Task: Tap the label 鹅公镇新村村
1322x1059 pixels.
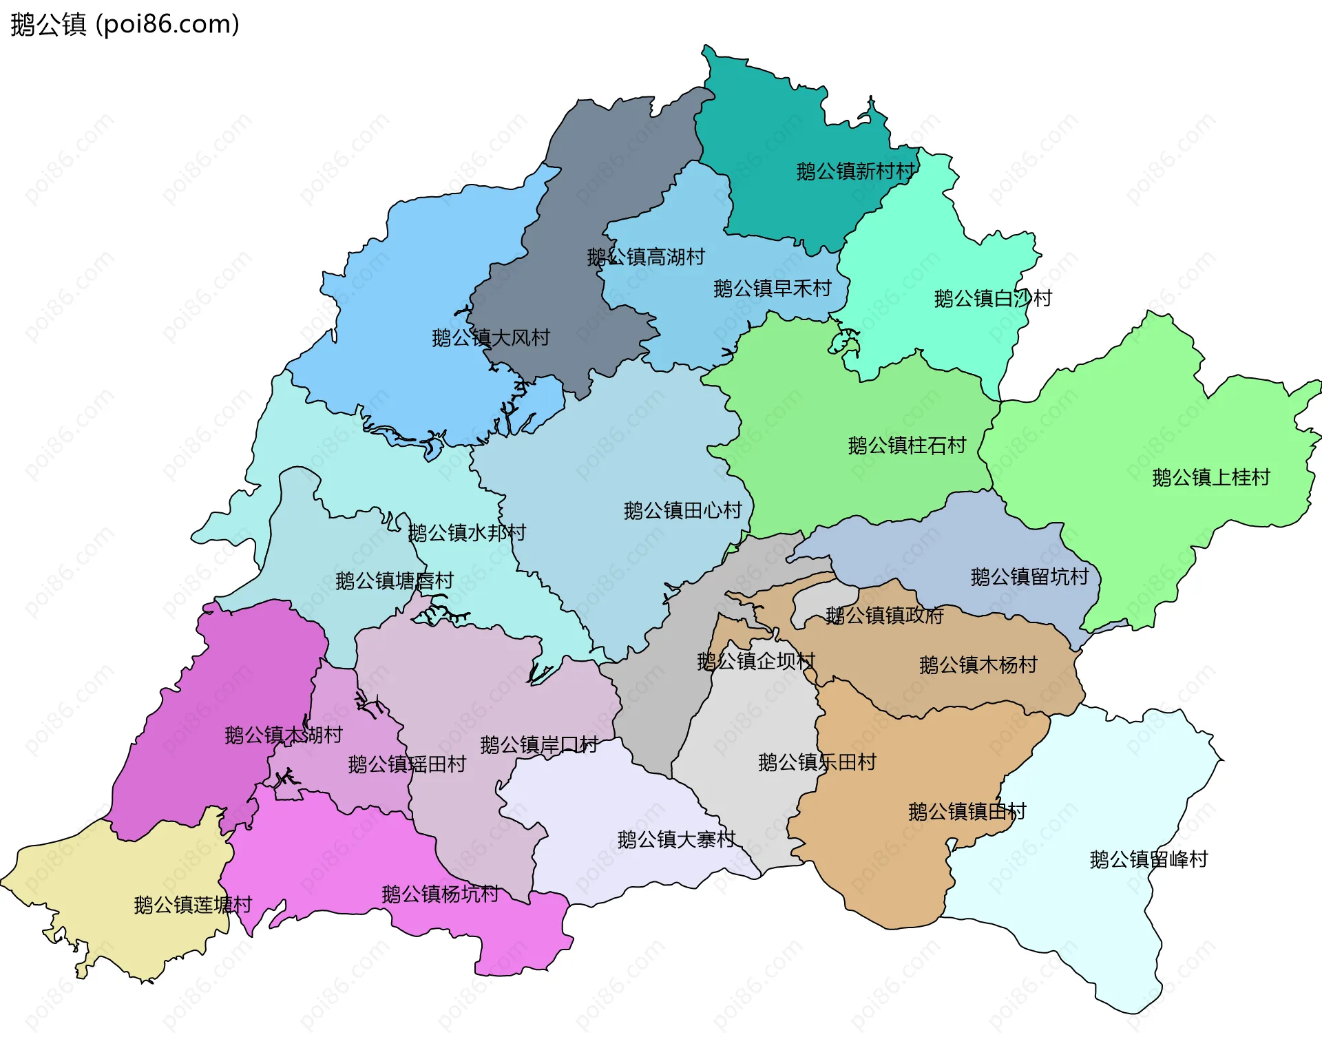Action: click(x=856, y=171)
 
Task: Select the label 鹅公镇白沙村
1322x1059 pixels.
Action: click(x=993, y=299)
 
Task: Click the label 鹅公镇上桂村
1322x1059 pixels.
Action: click(x=1210, y=478)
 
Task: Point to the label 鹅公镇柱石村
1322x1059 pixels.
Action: click(x=907, y=446)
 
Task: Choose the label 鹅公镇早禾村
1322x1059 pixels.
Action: click(x=773, y=289)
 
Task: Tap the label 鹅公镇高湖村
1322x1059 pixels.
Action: click(x=646, y=258)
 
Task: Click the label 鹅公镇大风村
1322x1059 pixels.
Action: click(x=491, y=338)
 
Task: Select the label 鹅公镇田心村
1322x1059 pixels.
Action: click(x=682, y=511)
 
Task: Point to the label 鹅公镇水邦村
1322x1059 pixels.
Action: click(x=467, y=533)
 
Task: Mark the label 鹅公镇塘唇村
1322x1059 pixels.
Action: click(x=395, y=581)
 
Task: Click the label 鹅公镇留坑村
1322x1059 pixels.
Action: click(x=1029, y=577)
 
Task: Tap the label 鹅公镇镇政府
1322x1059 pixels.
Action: click(x=884, y=616)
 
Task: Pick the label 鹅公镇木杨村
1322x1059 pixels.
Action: click(x=978, y=665)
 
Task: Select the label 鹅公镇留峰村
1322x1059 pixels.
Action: click(x=1148, y=859)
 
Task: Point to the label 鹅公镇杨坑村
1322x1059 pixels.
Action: click(x=440, y=894)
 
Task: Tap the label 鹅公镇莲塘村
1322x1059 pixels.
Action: click(x=193, y=905)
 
